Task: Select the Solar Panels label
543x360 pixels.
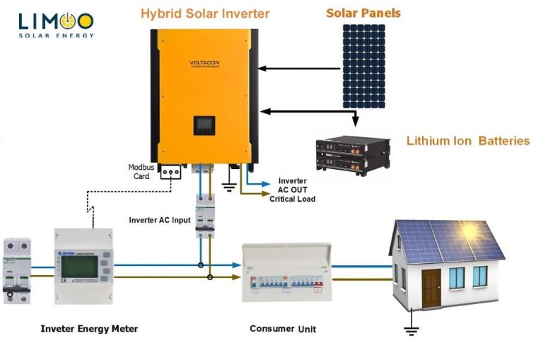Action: (x=363, y=13)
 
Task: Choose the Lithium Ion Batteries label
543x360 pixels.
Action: (x=467, y=141)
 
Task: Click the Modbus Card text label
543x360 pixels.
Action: (x=141, y=172)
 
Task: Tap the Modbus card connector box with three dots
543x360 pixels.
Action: (x=172, y=172)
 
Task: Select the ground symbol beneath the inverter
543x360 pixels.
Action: (x=228, y=187)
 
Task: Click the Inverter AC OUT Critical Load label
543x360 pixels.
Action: (x=292, y=190)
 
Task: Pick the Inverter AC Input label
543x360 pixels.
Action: (x=160, y=220)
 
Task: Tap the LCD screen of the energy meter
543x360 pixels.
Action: (x=76, y=267)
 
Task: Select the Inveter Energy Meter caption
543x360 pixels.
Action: (x=89, y=329)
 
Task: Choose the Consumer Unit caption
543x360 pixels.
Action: (x=283, y=329)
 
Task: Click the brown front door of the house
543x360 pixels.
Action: (x=431, y=288)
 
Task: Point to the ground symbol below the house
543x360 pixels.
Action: (x=409, y=327)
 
